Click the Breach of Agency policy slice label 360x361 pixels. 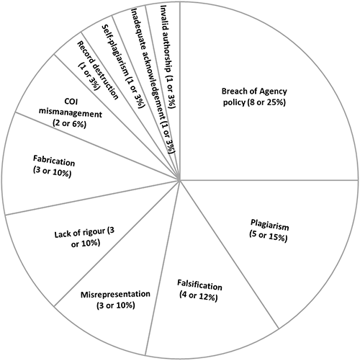[254, 97]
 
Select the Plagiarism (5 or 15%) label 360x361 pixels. [269, 231]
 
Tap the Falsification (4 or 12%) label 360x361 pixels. [199, 290]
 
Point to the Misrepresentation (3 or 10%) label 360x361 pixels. [115, 300]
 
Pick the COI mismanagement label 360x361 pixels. [71, 113]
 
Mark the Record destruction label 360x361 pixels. [98, 70]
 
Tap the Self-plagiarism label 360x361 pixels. [123, 67]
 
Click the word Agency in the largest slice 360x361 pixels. [274, 92]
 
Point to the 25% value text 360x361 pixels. [276, 102]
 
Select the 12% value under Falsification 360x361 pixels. [208, 297]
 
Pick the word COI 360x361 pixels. [71, 102]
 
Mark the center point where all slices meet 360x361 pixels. [179, 179]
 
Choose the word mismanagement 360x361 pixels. [71, 113]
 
